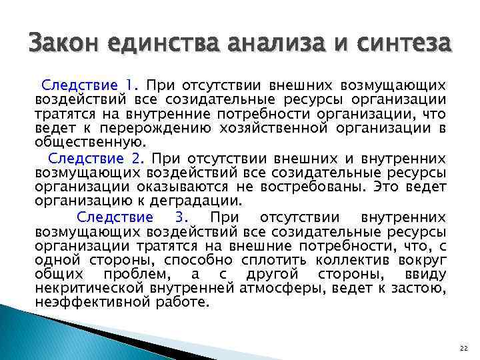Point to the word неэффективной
click(91, 301)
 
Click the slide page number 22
click(464, 349)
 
